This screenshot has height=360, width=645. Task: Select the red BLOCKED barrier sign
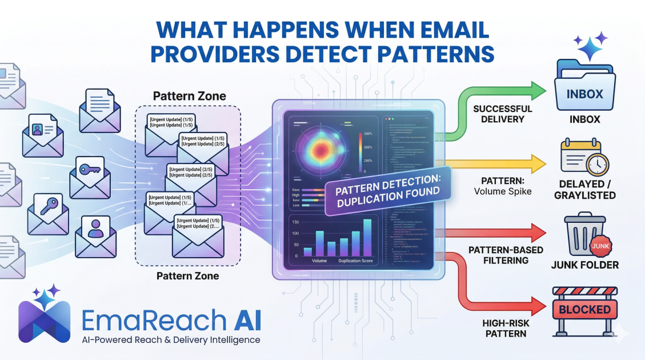(x=584, y=310)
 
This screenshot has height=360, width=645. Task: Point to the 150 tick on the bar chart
(x=295, y=222)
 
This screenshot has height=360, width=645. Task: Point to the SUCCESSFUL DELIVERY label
(x=503, y=114)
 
